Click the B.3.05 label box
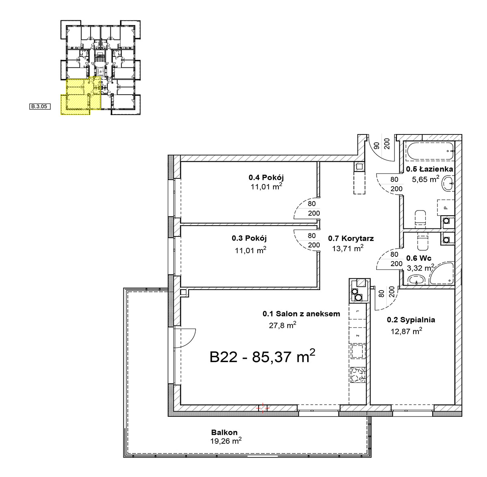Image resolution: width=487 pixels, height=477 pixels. (40, 106)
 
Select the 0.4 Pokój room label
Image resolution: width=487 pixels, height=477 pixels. (266, 178)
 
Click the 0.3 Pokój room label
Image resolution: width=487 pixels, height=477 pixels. (249, 238)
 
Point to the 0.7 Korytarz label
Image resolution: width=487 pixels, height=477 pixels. (351, 238)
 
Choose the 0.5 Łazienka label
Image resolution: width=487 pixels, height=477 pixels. (429, 169)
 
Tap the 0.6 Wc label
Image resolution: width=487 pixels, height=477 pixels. (415, 258)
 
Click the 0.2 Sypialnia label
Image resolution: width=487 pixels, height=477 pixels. (411, 320)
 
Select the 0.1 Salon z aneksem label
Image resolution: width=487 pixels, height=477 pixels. (301, 314)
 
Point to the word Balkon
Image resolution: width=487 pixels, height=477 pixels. (224, 432)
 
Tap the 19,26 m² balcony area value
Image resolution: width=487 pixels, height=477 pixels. (226, 441)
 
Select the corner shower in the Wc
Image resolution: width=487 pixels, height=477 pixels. (441, 273)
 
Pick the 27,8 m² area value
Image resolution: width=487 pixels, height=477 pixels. (282, 325)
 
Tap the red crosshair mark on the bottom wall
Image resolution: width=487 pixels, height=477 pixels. (263, 408)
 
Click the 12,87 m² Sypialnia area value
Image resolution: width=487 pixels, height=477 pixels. (406, 331)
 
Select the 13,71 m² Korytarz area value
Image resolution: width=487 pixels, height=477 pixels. (348, 248)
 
